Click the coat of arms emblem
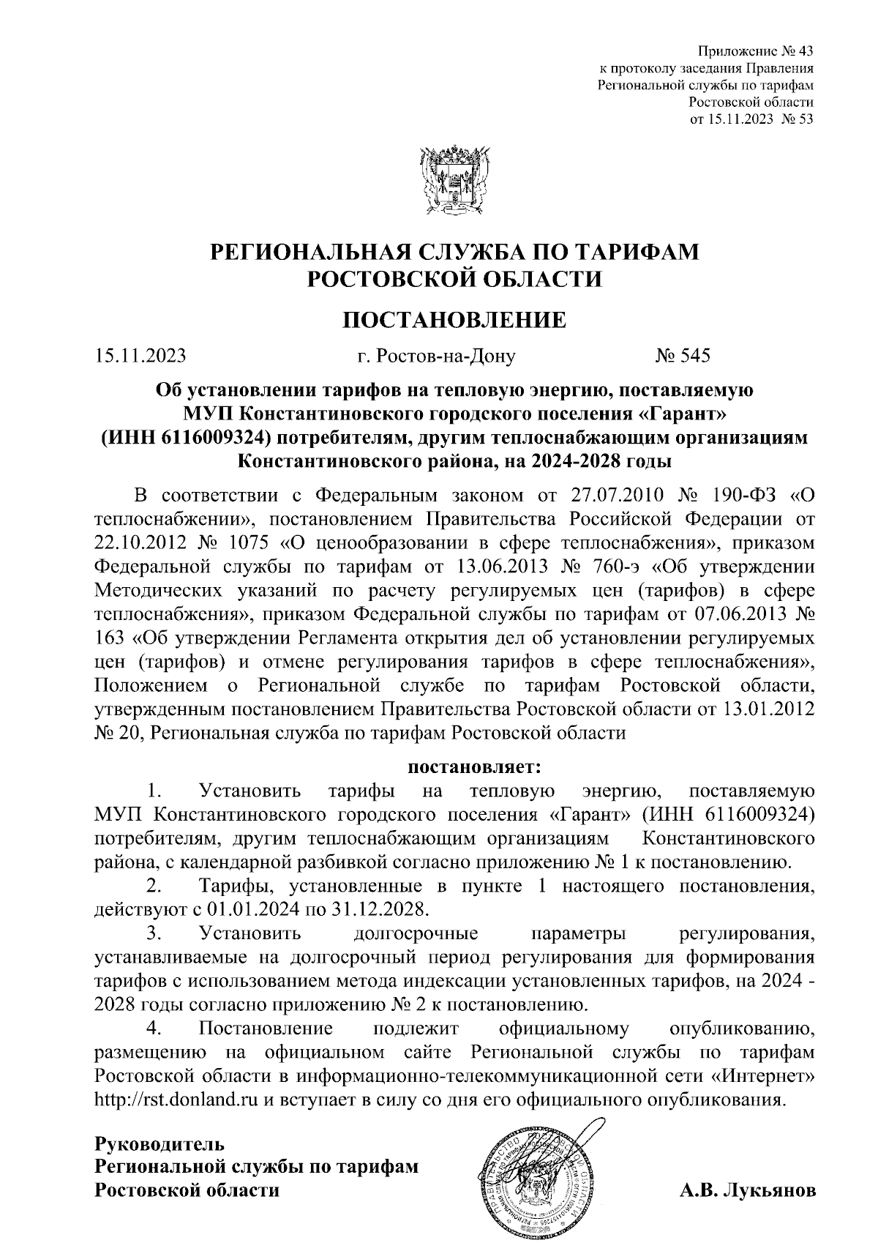[x=454, y=179]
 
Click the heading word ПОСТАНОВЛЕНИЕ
[x=454, y=321]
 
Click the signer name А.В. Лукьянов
[x=747, y=1190]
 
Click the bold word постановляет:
[x=474, y=768]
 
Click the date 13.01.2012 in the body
[x=768, y=709]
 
